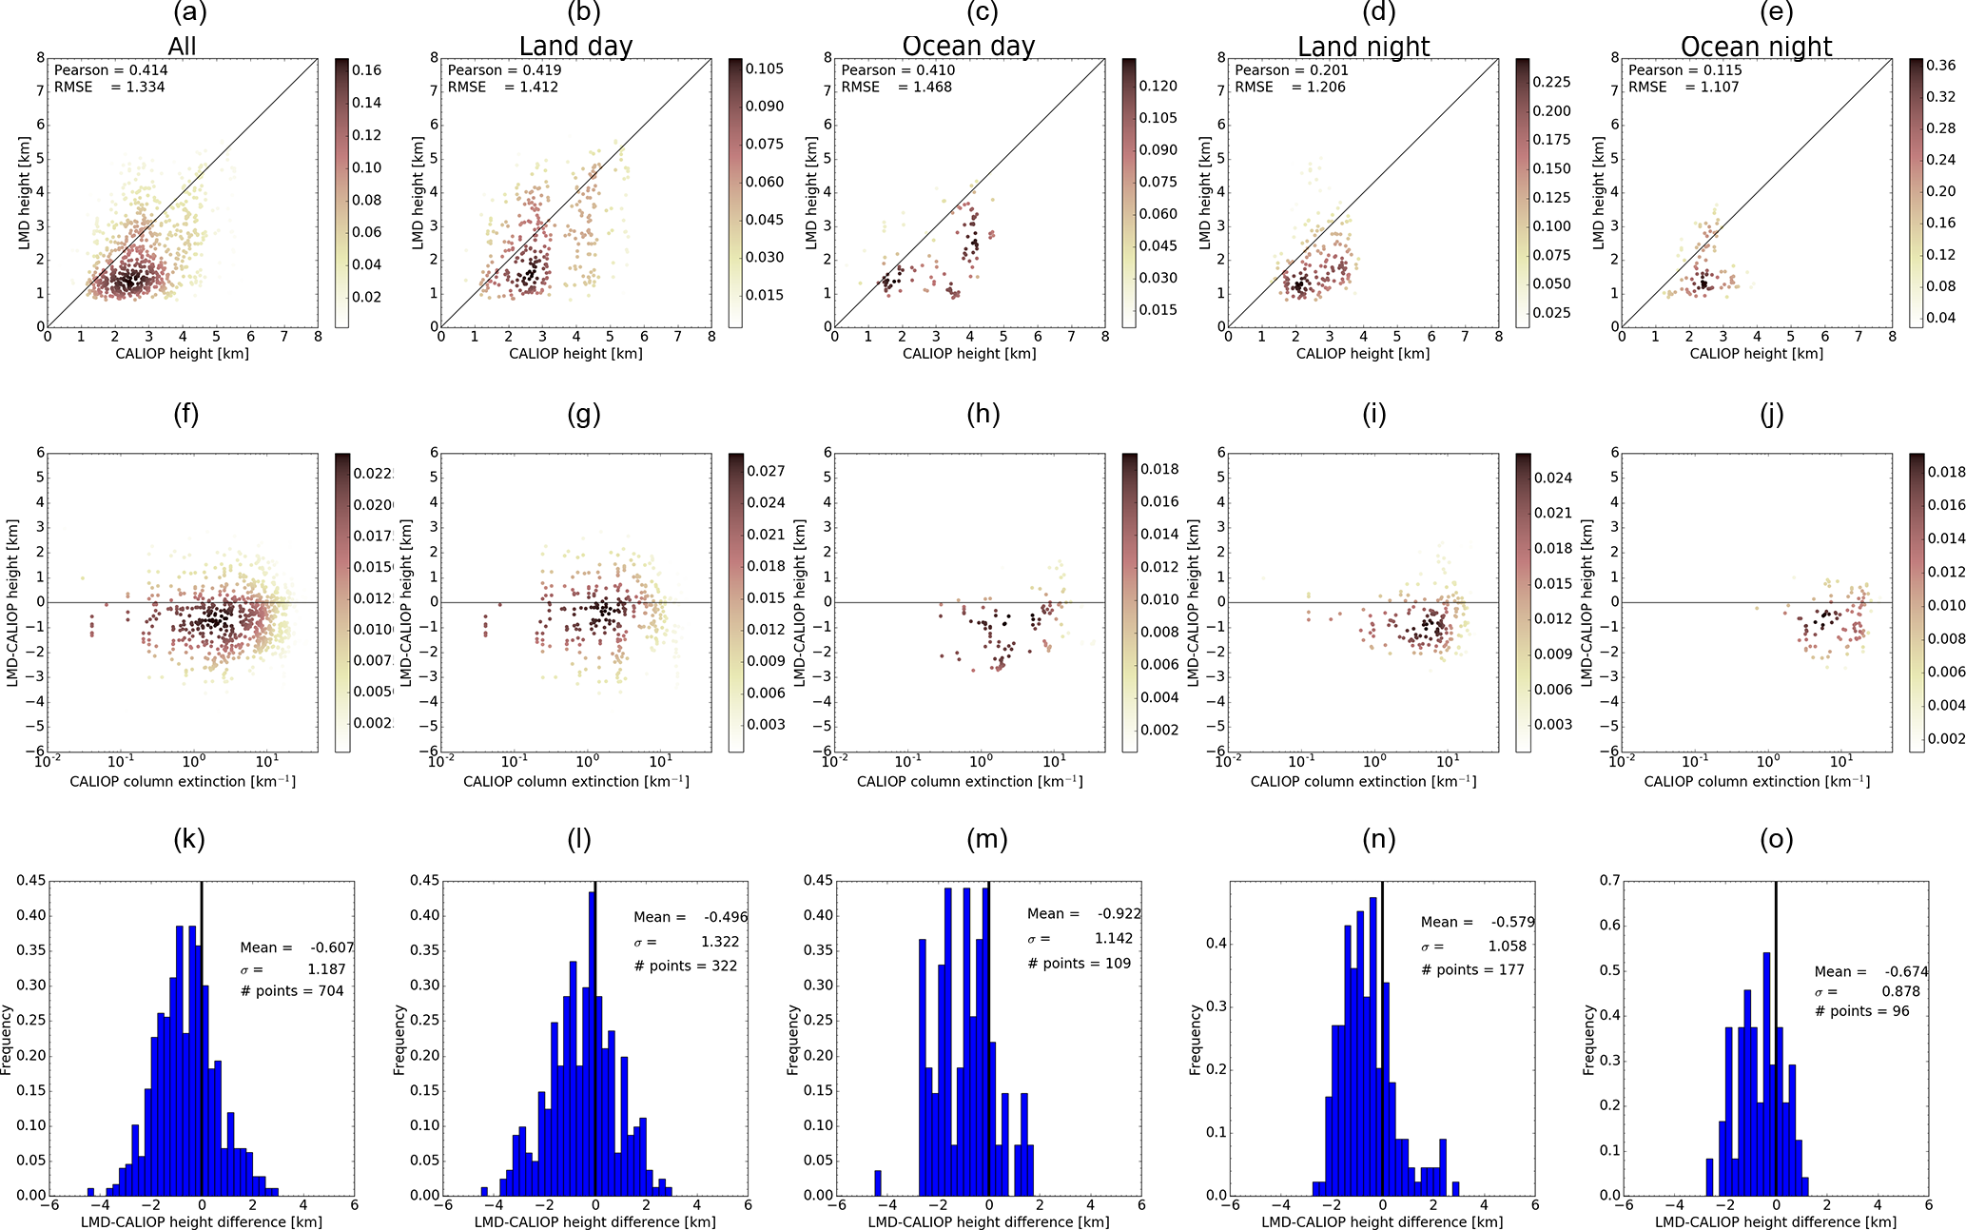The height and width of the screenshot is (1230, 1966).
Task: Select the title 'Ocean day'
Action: tap(968, 46)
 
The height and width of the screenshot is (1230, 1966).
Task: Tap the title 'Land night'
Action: tap(1363, 46)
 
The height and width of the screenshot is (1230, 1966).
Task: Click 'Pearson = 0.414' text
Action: tap(110, 69)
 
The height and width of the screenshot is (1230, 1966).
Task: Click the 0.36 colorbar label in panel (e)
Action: tap(1940, 65)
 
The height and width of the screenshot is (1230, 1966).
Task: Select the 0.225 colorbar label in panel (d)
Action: tap(1551, 82)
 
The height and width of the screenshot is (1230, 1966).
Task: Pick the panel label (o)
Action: tap(1776, 839)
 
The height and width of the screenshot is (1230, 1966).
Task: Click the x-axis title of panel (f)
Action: tap(183, 781)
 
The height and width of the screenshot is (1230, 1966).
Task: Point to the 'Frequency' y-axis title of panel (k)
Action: tap(8, 1040)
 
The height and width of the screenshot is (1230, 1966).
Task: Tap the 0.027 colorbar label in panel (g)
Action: tap(765, 471)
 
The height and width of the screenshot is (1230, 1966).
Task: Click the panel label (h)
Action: tap(983, 414)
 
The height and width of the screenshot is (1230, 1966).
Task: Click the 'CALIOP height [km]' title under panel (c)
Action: tap(968, 354)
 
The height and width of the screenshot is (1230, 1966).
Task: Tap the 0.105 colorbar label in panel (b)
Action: tap(764, 68)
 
